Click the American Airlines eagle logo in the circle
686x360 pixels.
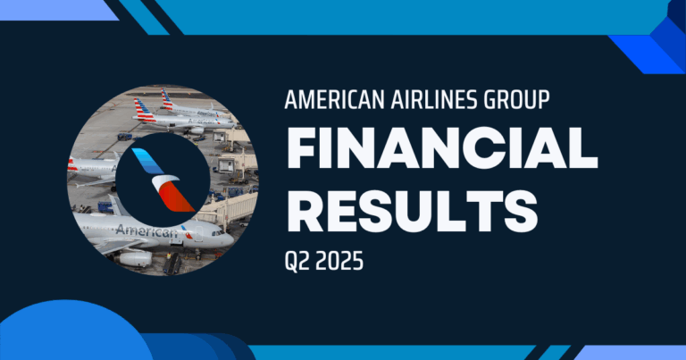pyautogui.click(x=161, y=180)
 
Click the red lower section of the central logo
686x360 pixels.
pyautogui.click(x=176, y=197)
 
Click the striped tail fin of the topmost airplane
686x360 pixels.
pyautogui.click(x=167, y=98)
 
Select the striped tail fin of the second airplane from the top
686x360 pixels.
pyautogui.click(x=142, y=110)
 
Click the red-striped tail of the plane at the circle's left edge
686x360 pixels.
pyautogui.click(x=71, y=164)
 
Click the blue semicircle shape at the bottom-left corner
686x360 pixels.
pyautogui.click(x=71, y=335)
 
